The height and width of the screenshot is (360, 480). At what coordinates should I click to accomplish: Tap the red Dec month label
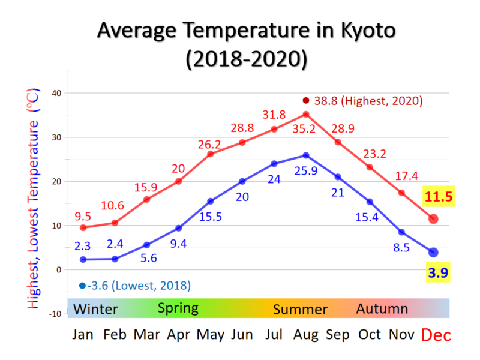pyautogui.click(x=436, y=335)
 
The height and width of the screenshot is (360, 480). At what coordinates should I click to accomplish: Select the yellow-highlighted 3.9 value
pyautogui.click(x=438, y=274)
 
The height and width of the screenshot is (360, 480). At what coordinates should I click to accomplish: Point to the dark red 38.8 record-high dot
pyautogui.click(x=306, y=101)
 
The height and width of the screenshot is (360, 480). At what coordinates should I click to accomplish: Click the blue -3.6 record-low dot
pyautogui.click(x=82, y=286)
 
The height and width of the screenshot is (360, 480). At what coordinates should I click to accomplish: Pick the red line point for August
pyautogui.click(x=306, y=114)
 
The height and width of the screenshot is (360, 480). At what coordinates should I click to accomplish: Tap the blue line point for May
pyautogui.click(x=211, y=201)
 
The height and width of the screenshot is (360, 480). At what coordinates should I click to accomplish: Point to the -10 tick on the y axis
pyautogui.click(x=55, y=314)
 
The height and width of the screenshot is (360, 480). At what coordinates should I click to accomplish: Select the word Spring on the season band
pyautogui.click(x=178, y=308)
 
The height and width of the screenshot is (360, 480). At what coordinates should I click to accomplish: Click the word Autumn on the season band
pyautogui.click(x=382, y=309)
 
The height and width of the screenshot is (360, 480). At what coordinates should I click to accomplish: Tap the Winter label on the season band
pyautogui.click(x=95, y=310)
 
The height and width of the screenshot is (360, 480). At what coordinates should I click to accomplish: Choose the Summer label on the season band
pyautogui.click(x=300, y=310)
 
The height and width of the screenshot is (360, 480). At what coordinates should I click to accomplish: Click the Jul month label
pyautogui.click(x=274, y=334)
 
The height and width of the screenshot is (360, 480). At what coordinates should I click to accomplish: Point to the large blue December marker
pyautogui.click(x=433, y=253)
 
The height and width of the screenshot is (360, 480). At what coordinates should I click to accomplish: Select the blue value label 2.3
pyautogui.click(x=83, y=246)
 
